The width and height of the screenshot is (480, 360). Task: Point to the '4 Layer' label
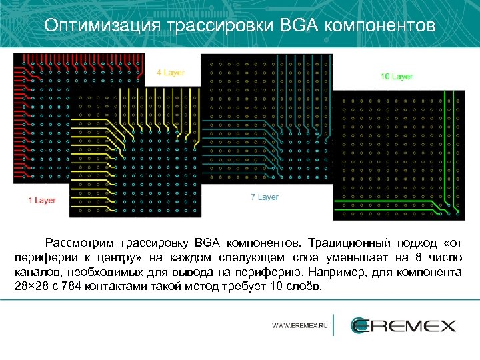point(171,73)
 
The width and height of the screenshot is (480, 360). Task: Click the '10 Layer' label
point(397,77)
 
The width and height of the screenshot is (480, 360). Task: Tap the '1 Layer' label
point(41,200)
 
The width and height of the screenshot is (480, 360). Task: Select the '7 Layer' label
point(265,197)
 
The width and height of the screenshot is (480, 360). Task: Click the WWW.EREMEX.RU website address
point(300,326)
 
